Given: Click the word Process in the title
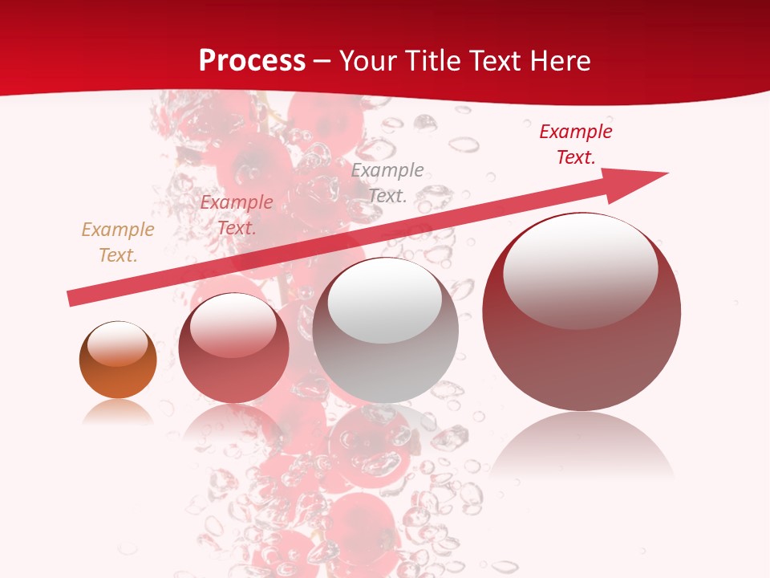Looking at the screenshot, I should pos(252,61).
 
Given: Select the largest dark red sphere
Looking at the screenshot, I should pos(582,353).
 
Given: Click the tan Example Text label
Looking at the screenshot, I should pos(118,242).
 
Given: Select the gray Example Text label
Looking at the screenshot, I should pos(387,182).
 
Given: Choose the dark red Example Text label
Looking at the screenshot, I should pos(576,144).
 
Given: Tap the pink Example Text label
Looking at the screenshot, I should pos(237,215).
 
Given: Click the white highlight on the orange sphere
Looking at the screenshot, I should pos(118,344).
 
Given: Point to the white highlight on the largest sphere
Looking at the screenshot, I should pos(580,271).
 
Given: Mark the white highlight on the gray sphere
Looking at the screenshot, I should pos(385,300).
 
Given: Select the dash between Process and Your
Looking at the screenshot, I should pos(322,61).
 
